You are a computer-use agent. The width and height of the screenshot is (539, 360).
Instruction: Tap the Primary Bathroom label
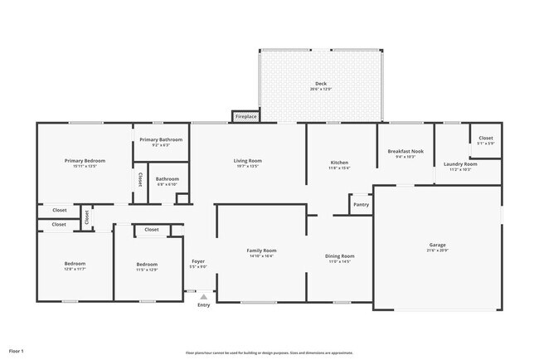(x=161, y=139)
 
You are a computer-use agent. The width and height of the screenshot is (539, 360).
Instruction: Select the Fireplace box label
(x=245, y=117)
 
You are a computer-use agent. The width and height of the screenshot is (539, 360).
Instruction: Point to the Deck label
(x=320, y=84)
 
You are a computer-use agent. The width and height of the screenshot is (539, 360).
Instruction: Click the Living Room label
(x=247, y=160)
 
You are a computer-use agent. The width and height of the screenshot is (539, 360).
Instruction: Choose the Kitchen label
(x=340, y=163)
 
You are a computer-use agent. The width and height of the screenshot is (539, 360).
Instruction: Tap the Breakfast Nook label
(x=405, y=151)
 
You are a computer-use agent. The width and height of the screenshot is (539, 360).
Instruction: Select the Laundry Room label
(x=460, y=164)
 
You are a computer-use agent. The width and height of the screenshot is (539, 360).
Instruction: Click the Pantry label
(x=361, y=204)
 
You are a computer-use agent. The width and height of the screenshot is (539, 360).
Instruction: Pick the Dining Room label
(x=340, y=255)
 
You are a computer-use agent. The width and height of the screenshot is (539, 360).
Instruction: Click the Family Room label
(x=261, y=250)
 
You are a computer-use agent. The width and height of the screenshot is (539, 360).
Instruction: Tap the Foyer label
(x=198, y=261)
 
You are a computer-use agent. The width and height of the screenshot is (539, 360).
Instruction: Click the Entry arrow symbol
(x=203, y=296)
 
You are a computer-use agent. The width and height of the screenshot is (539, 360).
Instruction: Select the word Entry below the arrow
(x=203, y=305)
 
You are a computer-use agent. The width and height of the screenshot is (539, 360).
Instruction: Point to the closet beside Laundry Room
(x=485, y=138)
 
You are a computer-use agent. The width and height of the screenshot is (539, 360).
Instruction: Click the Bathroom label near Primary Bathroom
(x=167, y=178)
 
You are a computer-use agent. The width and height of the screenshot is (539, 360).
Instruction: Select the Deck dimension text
(x=320, y=89)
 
